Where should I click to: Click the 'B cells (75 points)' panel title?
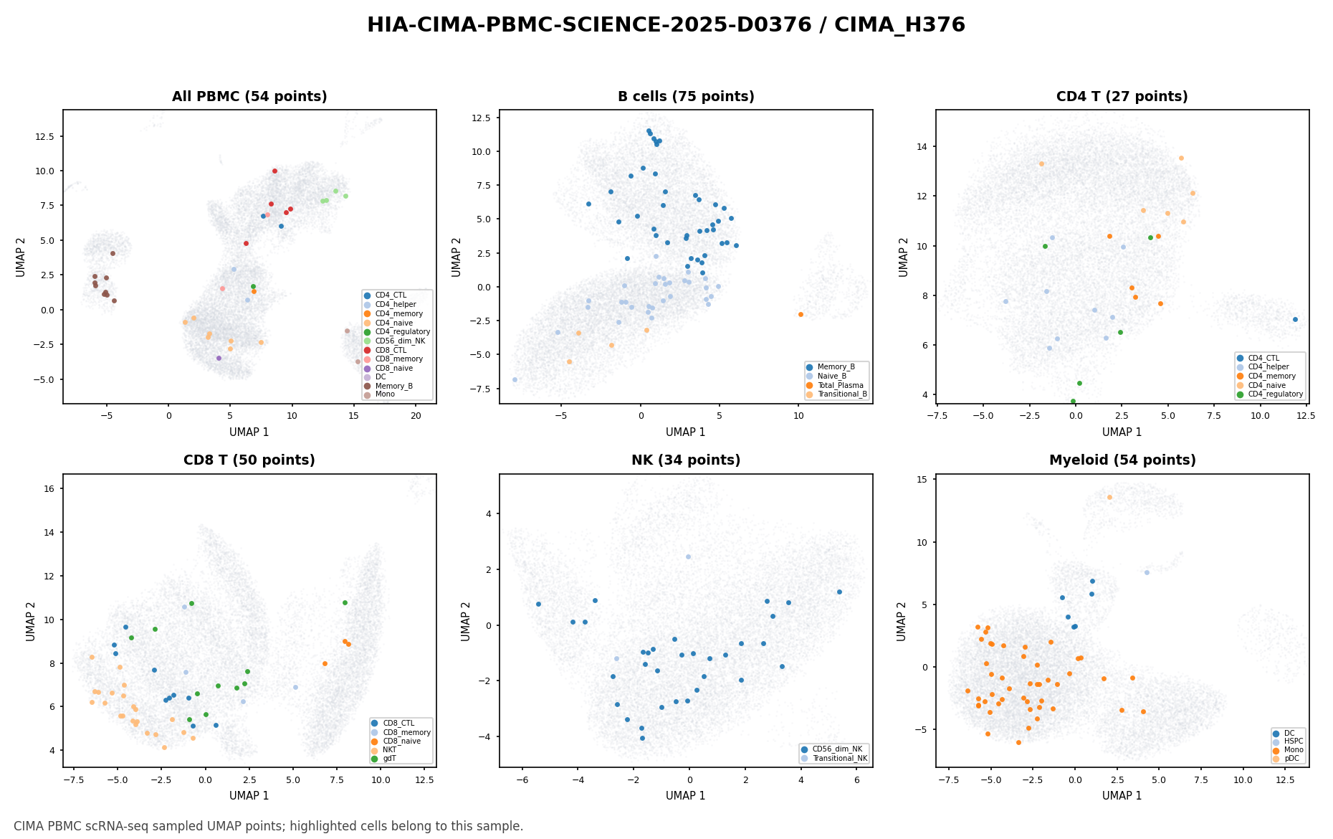click(686, 97)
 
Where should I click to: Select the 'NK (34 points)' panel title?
click(686, 460)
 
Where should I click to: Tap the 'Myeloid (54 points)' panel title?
click(1122, 460)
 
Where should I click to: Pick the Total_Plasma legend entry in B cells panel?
click(840, 385)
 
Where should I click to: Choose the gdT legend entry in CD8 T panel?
click(389, 758)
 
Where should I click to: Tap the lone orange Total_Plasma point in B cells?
click(801, 314)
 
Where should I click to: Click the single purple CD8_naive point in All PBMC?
click(219, 358)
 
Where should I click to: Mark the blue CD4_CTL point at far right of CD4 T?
click(1295, 319)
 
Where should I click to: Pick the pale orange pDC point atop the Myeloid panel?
click(1109, 497)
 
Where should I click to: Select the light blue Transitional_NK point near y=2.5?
click(688, 556)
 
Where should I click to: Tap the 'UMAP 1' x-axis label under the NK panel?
click(686, 795)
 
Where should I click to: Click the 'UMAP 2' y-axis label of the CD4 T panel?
click(903, 257)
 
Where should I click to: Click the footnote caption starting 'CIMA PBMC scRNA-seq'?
click(268, 826)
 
